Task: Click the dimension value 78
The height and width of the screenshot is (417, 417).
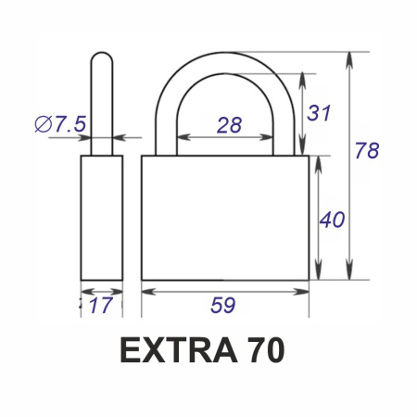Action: tap(367, 150)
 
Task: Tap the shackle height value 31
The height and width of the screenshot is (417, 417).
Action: tap(319, 113)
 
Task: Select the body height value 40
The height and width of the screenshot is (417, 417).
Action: tap(332, 220)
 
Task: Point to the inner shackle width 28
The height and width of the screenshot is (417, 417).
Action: tap(229, 125)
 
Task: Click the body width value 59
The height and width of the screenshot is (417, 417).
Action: tap(223, 305)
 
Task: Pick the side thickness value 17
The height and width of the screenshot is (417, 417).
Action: tap(101, 305)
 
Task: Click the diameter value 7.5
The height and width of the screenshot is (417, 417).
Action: tap(70, 124)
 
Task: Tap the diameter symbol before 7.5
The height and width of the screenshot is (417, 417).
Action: tap(44, 124)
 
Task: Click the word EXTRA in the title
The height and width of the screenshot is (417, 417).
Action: tap(179, 350)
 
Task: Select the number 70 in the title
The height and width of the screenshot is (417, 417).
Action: tap(267, 350)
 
